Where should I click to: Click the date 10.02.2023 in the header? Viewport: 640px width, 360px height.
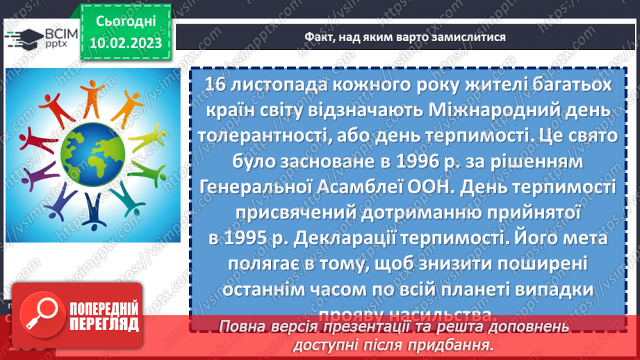(126, 43)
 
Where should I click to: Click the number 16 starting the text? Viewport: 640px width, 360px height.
(218, 84)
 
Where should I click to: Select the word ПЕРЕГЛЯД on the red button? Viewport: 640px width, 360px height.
(104, 324)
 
